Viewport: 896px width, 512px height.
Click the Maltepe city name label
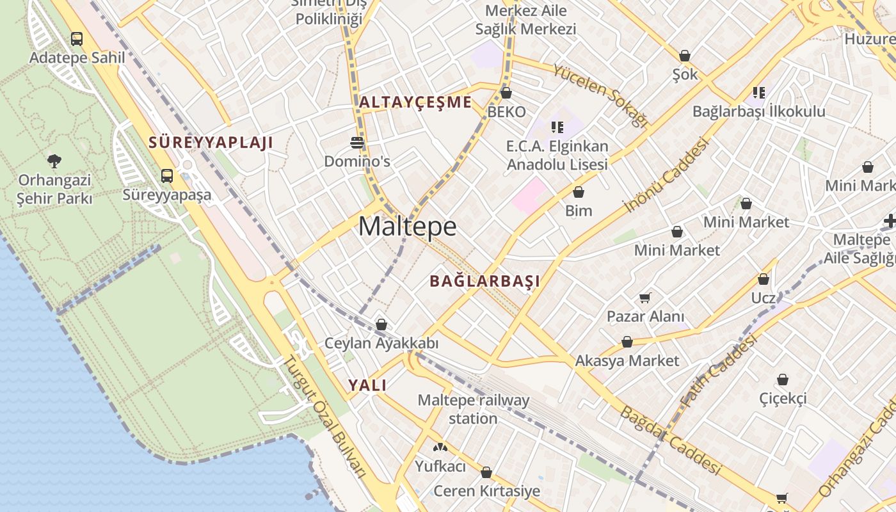[408, 227]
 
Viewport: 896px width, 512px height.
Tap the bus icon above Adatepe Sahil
[77, 39]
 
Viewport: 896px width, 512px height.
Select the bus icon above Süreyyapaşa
[167, 175]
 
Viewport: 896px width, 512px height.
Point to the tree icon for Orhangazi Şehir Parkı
[54, 161]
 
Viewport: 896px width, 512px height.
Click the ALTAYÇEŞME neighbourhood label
[415, 102]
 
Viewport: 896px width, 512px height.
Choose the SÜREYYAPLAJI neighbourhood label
[211, 142]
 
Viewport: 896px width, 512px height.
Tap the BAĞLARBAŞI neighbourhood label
[484, 281]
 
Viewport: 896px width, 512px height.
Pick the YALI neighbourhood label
[367, 385]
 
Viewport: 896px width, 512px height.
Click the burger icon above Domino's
[357, 141]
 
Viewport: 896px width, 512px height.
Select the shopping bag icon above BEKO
[506, 93]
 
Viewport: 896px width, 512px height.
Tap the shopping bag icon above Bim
[579, 192]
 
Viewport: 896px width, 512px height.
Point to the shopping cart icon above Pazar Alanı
[645, 298]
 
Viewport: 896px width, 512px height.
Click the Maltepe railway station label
[474, 410]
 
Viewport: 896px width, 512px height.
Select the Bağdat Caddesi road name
[670, 440]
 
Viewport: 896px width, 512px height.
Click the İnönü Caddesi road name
[666, 175]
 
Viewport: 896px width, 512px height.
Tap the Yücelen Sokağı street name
[600, 95]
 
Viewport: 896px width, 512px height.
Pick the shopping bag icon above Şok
[685, 56]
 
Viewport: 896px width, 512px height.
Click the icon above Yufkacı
[440, 447]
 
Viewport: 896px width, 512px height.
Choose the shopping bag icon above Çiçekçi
[783, 380]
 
